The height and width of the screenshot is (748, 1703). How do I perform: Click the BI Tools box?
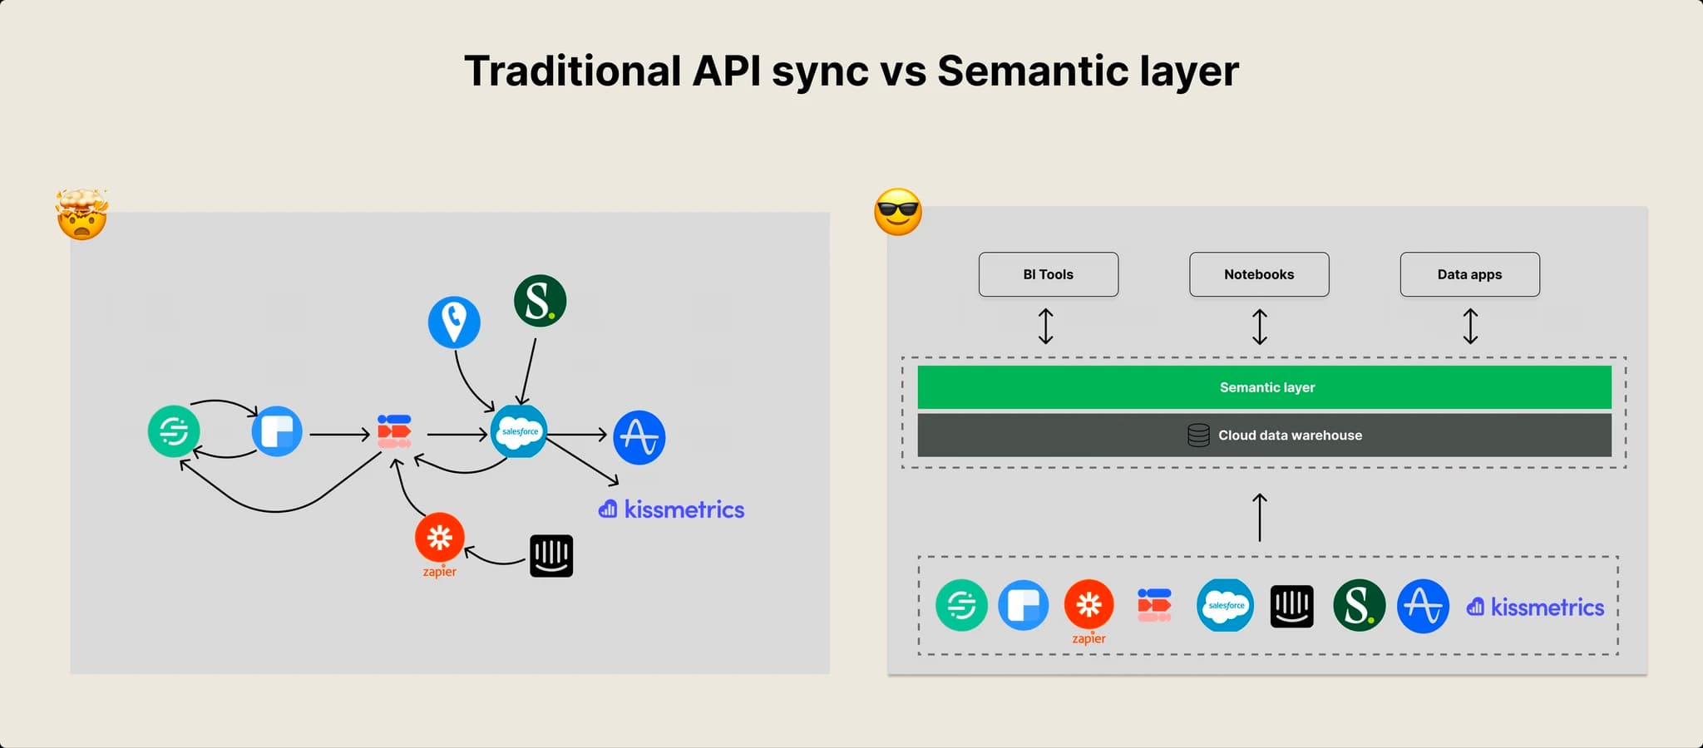click(x=1048, y=274)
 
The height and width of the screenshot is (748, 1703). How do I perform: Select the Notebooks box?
click(x=1259, y=274)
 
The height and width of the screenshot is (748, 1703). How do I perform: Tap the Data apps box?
click(x=1469, y=274)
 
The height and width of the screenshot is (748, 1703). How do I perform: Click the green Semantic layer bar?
click(x=1264, y=387)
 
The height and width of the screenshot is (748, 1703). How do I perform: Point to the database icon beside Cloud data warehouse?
click(x=1198, y=436)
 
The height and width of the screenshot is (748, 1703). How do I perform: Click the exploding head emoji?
click(x=81, y=214)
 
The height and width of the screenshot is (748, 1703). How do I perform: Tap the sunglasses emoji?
click(x=898, y=212)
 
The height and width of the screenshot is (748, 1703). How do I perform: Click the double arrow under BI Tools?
click(x=1046, y=327)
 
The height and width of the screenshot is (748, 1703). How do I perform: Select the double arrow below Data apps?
click(x=1470, y=327)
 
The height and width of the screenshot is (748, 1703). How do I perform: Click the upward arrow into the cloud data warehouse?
click(x=1260, y=517)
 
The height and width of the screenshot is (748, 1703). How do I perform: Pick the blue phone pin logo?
click(x=454, y=322)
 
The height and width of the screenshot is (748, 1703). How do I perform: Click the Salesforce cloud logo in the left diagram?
click(x=519, y=431)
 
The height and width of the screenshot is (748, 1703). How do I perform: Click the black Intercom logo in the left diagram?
click(x=551, y=555)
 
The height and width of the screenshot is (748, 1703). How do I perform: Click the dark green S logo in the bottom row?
click(x=1359, y=605)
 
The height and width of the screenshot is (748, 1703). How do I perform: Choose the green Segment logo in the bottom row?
click(x=961, y=605)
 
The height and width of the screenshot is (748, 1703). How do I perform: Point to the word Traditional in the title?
click(x=573, y=71)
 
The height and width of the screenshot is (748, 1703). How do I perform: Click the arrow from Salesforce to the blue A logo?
click(x=577, y=435)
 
